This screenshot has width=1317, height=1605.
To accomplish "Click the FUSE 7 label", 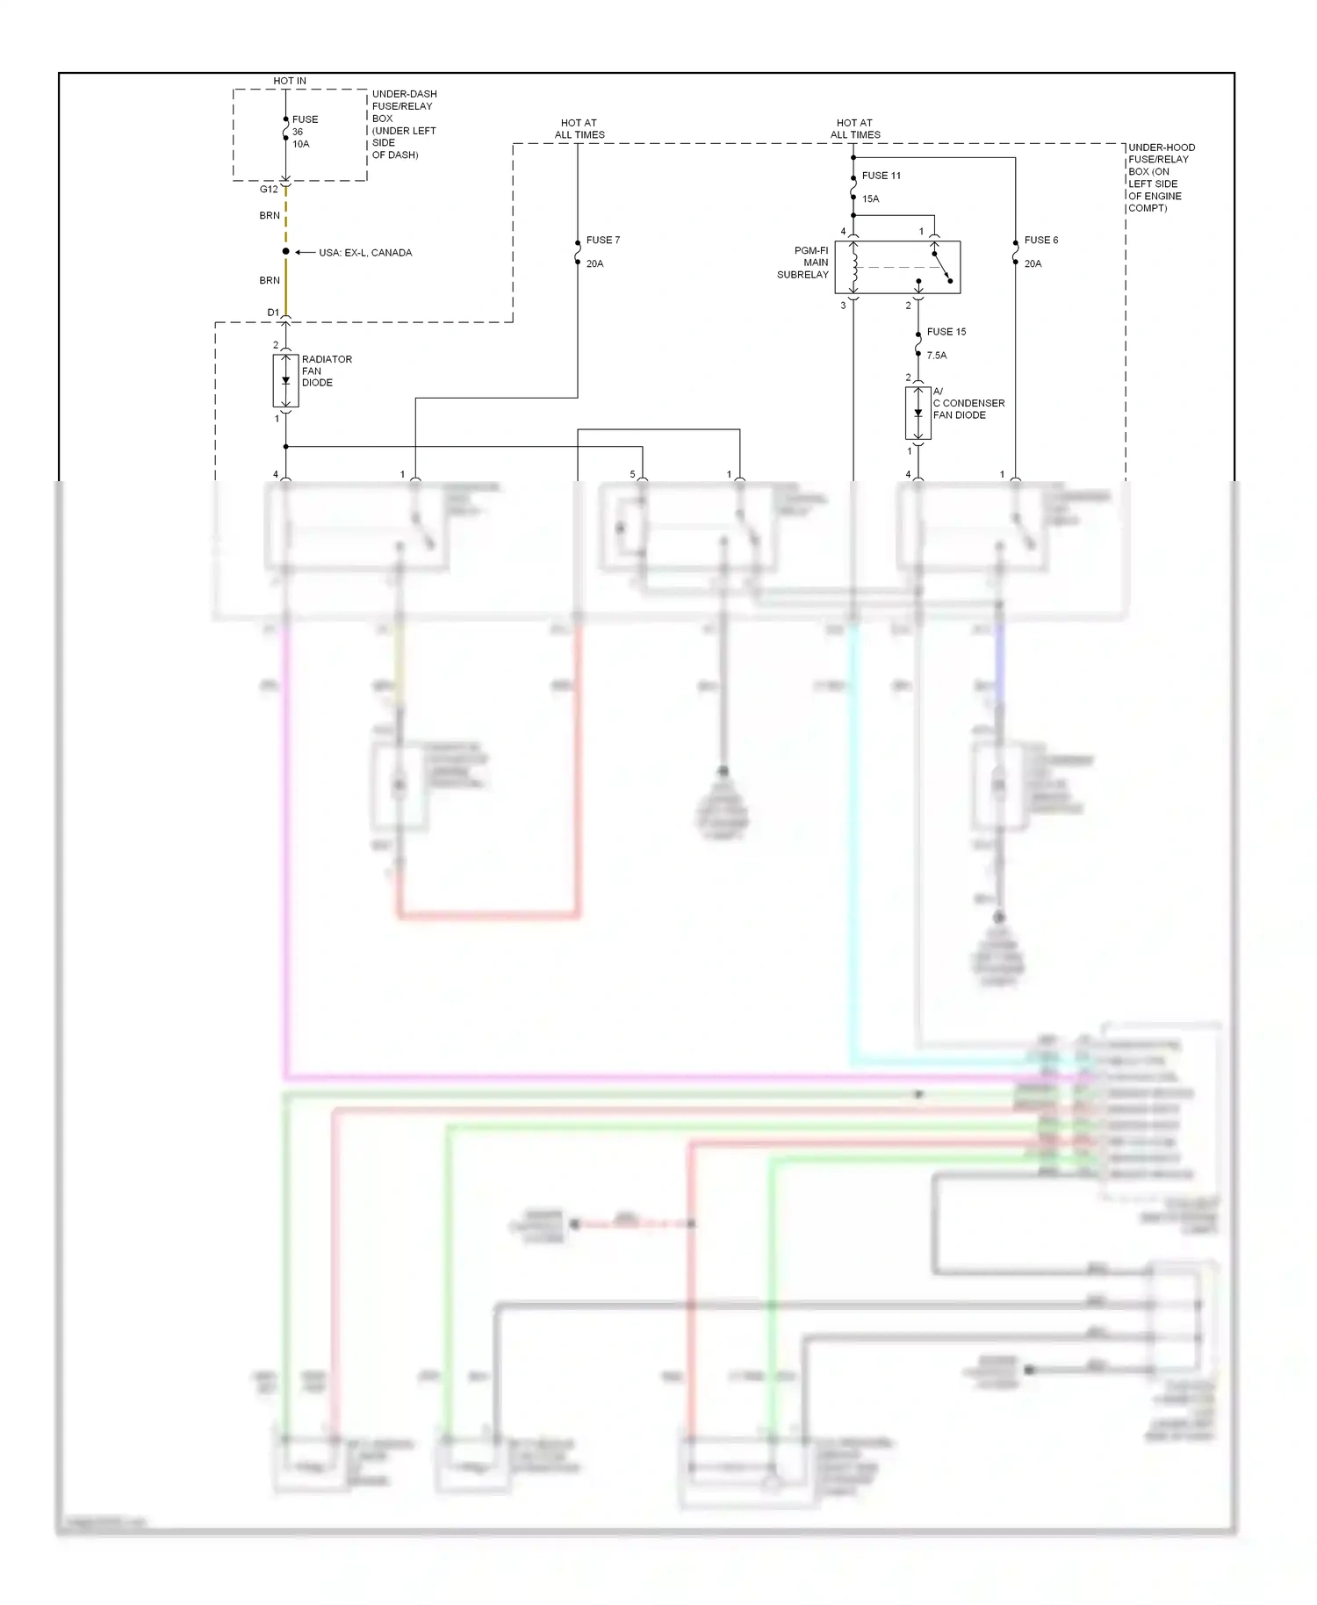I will [x=602, y=240].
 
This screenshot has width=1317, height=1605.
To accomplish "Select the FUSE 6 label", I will [x=1040, y=240].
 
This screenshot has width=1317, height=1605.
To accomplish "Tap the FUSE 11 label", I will [x=881, y=176].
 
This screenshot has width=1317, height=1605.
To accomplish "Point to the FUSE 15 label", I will [x=946, y=332].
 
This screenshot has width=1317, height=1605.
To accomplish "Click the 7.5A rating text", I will [x=936, y=356].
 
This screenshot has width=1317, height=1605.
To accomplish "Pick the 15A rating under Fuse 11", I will [x=870, y=199].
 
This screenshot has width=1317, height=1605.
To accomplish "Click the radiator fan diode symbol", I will [x=285, y=381].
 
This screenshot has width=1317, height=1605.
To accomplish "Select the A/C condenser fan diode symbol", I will [x=918, y=413].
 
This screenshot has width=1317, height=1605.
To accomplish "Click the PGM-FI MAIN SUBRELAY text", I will [x=803, y=263].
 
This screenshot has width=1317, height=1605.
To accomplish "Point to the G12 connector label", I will [x=269, y=190].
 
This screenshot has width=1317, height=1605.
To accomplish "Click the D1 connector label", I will [x=273, y=313].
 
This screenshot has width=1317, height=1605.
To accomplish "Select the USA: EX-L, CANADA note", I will [x=365, y=253].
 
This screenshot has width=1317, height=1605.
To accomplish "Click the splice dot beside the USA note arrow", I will [x=285, y=252].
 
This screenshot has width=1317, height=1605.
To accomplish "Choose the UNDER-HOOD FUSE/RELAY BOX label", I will [x=1160, y=177].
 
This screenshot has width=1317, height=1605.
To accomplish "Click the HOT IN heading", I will [x=290, y=81].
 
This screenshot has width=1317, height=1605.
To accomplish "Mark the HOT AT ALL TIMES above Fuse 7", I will [x=579, y=129].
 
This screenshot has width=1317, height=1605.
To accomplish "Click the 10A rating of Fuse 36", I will [x=300, y=144].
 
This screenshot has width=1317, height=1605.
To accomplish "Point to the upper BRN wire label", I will [x=270, y=215].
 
